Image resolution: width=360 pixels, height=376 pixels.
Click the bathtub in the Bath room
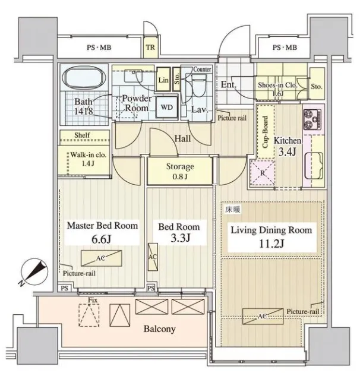click(x=84, y=78)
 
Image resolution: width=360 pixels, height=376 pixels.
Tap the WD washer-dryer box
click(x=167, y=107)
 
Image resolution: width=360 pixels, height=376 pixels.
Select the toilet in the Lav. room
click(x=200, y=85)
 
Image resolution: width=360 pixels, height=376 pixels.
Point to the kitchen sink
click(x=314, y=166)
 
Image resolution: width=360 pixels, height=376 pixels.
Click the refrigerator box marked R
click(x=263, y=173)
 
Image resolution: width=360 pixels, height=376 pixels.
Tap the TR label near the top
click(x=151, y=48)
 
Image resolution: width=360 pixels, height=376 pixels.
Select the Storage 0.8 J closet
click(x=180, y=170)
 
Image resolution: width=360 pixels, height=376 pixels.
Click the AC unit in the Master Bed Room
click(x=101, y=258)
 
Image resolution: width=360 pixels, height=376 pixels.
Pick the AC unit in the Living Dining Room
click(x=263, y=316)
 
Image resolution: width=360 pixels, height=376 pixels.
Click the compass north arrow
click(x=34, y=272)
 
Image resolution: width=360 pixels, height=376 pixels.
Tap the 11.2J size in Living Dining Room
click(x=271, y=244)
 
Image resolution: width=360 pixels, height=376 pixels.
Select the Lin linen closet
click(x=163, y=80)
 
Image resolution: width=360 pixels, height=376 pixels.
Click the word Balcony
click(x=159, y=328)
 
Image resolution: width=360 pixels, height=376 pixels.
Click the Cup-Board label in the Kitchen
click(x=266, y=132)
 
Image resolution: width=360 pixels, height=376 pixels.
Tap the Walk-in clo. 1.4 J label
click(x=89, y=159)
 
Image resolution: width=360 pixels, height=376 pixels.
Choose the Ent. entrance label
click(x=228, y=84)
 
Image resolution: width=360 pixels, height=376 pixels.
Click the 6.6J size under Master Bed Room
click(x=102, y=239)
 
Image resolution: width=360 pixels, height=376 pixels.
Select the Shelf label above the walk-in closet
click(x=82, y=135)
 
